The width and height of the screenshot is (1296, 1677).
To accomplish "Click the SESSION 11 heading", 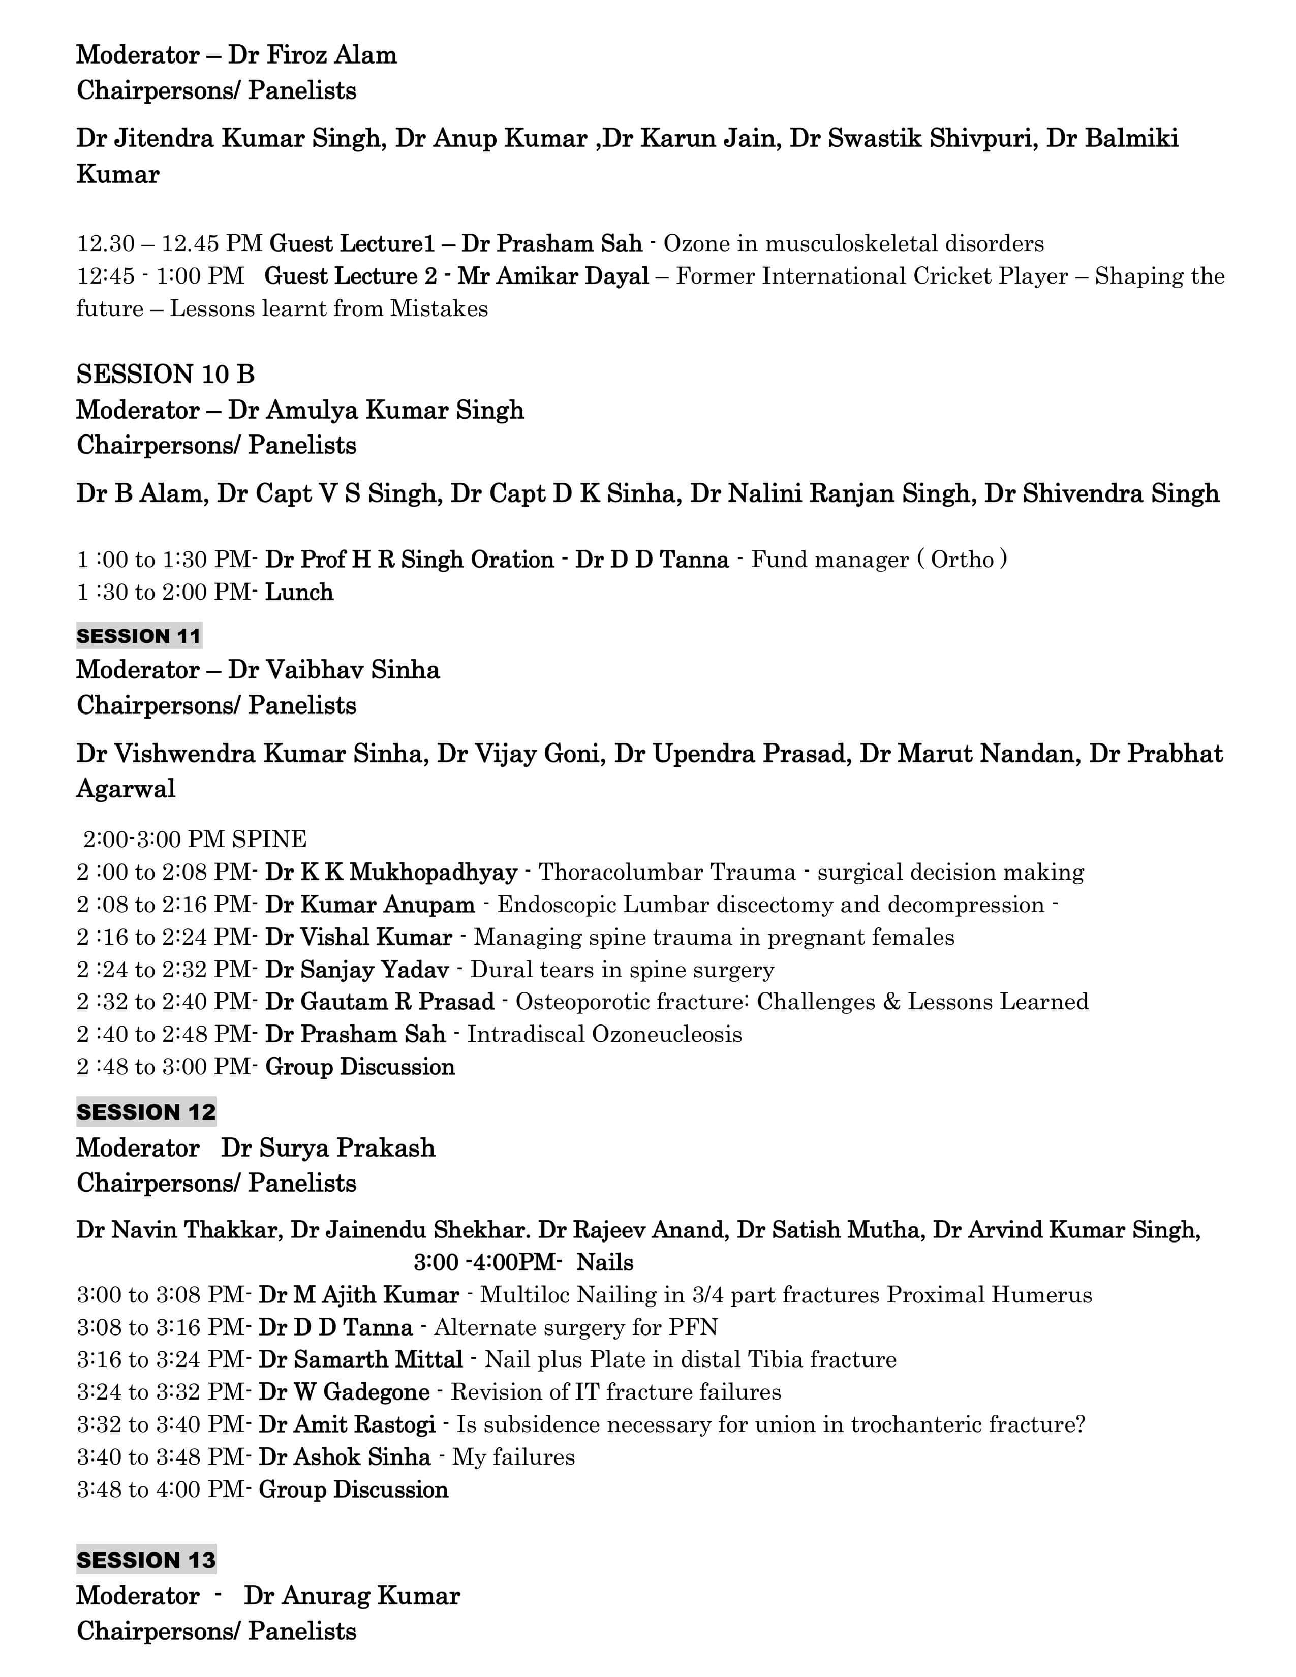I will [138, 636].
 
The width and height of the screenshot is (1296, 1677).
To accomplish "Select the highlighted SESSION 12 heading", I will [146, 1112].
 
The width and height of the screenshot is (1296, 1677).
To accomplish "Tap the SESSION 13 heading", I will [146, 1560].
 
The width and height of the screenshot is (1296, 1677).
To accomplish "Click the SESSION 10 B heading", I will [165, 375].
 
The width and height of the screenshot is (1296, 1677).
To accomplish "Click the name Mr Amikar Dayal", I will [553, 276].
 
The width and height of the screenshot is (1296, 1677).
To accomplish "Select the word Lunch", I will [299, 592].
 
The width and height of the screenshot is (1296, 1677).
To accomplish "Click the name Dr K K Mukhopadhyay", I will [391, 872].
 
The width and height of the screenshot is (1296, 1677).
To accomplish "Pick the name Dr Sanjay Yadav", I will [356, 970].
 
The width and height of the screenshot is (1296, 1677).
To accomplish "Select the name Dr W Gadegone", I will [344, 1392].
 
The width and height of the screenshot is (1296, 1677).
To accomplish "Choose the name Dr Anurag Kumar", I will [352, 1596].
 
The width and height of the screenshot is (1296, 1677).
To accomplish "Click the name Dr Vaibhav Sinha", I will [333, 670].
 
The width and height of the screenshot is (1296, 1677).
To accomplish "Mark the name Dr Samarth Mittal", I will [360, 1360].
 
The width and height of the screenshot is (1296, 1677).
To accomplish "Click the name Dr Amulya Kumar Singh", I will [376, 410].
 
